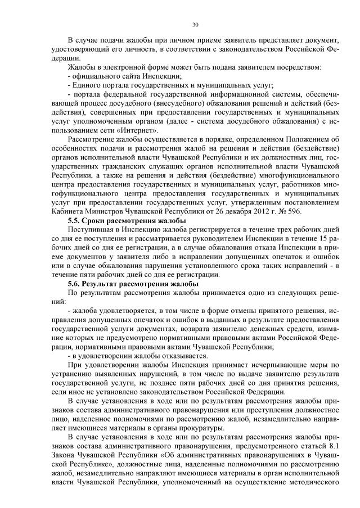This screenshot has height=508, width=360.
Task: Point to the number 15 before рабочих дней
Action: point(326,240)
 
